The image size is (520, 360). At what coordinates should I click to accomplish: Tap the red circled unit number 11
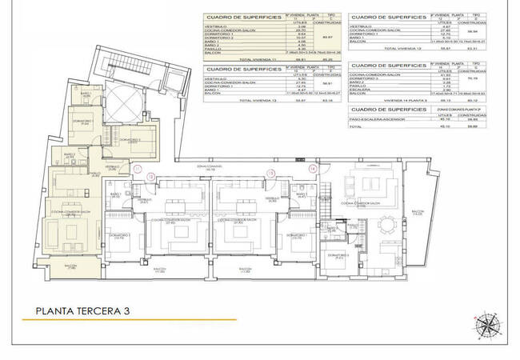pyautogui.click(x=138, y=169)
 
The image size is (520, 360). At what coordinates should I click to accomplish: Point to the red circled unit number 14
pyautogui.click(x=313, y=170)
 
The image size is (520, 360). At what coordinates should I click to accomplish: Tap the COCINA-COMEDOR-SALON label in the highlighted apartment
pyautogui.click(x=70, y=212)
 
